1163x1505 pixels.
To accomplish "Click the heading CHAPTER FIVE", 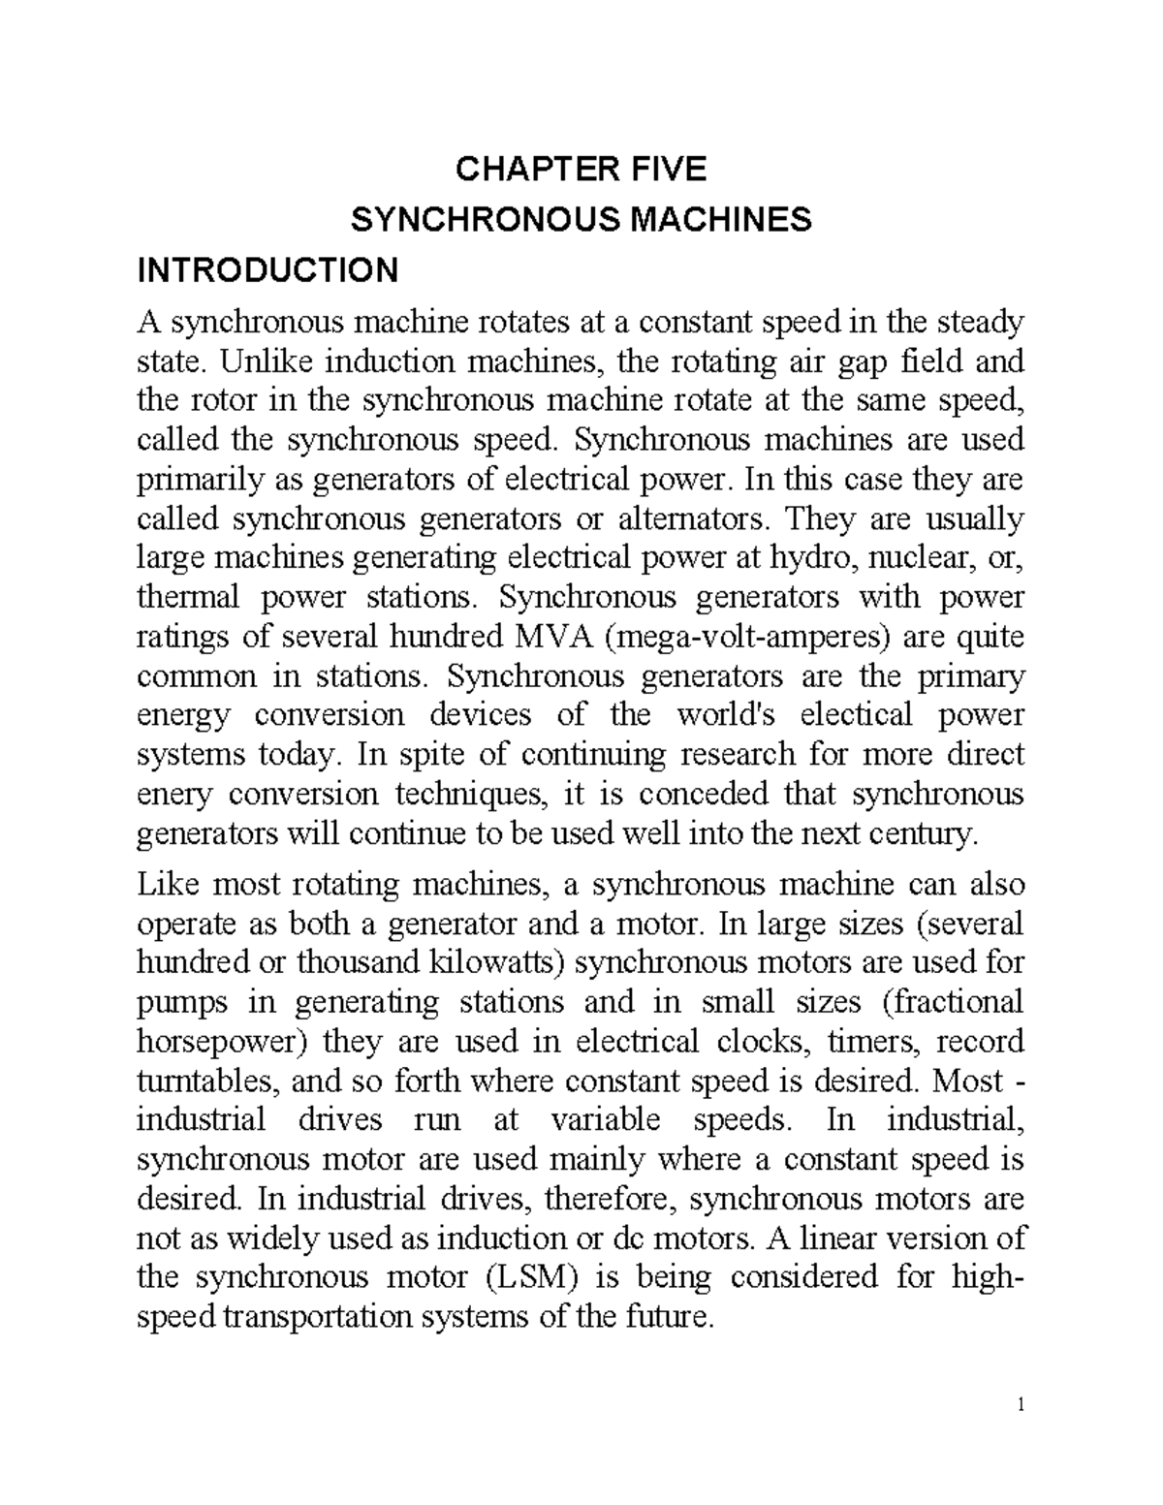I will click(x=581, y=171).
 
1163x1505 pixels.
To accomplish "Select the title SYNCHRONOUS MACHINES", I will click(x=581, y=221).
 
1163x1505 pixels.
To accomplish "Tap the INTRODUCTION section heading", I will click(x=268, y=270).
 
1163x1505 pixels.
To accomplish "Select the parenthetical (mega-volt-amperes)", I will click(x=749, y=638).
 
